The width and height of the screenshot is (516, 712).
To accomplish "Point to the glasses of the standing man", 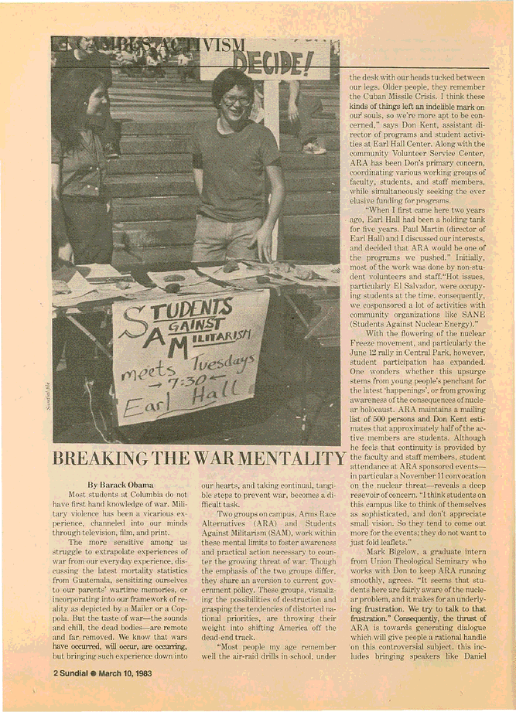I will coord(236,100).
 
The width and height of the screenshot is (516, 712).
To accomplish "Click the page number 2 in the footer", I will coord(56,673).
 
